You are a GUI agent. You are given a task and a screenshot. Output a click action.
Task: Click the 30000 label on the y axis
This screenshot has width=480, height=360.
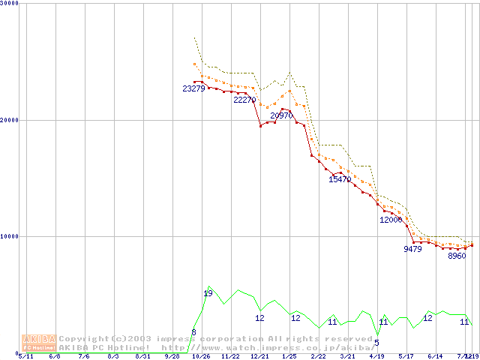[x=10, y=4]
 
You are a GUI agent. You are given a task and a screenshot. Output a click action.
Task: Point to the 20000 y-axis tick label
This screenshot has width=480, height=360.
[x=10, y=120]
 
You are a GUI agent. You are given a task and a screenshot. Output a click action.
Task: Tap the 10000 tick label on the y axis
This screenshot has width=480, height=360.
[x=10, y=236]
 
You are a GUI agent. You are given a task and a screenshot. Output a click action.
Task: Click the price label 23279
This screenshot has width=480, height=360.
[x=193, y=89]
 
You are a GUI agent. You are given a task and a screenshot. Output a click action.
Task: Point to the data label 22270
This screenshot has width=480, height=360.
[x=244, y=100]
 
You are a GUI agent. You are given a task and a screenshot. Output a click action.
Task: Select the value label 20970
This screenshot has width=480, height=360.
[x=281, y=116]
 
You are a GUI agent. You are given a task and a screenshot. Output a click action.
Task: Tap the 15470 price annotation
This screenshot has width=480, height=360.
[x=340, y=180]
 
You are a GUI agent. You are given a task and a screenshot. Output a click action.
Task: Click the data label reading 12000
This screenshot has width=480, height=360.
[x=391, y=220]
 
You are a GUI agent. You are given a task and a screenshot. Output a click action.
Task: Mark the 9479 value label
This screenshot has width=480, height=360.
[x=412, y=249]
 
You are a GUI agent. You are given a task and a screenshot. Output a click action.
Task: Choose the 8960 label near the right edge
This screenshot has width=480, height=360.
[x=457, y=256]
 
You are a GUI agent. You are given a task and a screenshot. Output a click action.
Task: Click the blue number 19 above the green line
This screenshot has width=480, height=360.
[x=208, y=293]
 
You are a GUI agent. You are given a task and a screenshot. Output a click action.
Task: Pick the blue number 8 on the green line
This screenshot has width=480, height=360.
[x=193, y=332]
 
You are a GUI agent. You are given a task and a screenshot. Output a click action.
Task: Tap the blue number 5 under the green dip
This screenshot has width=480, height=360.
[x=376, y=343]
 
